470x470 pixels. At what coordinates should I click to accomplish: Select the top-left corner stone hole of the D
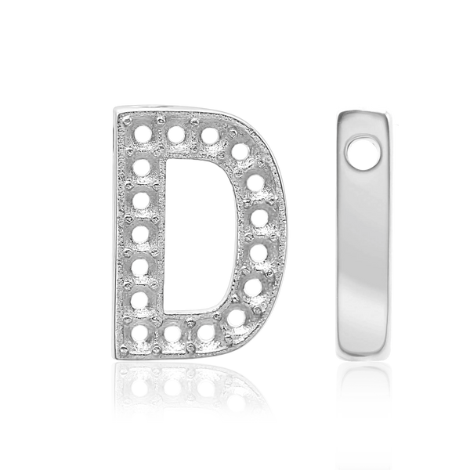point(141,133)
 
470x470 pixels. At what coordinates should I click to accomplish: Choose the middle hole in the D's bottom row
point(173,333)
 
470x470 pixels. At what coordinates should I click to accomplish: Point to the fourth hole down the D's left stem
point(141,233)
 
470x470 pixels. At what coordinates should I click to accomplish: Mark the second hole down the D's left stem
point(141,166)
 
